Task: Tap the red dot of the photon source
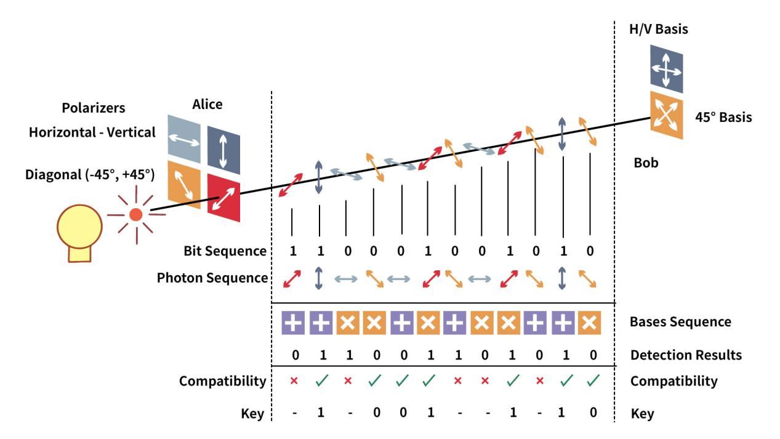[136, 214]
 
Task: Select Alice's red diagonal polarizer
[223, 196]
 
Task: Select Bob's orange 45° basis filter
[666, 115]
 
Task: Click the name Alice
[207, 105]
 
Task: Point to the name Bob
[646, 164]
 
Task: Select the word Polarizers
[94, 108]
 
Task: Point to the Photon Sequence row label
[212, 278]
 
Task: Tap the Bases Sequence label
[681, 322]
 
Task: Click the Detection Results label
[686, 355]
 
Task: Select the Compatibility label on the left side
[222, 381]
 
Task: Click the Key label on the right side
[643, 414]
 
